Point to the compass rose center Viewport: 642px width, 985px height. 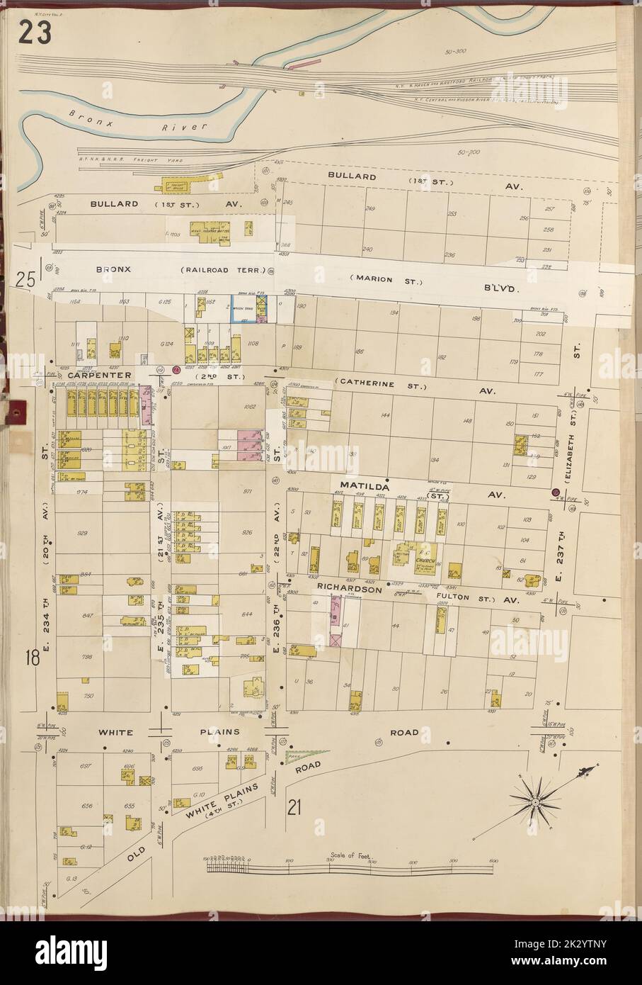tap(537, 801)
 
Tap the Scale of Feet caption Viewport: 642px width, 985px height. tap(350, 855)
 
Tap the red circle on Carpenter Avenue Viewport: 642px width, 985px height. tap(176, 368)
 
